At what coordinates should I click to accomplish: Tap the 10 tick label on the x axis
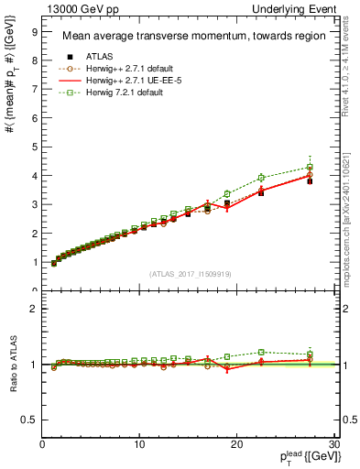click(139, 444)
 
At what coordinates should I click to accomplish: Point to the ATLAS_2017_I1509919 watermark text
click(189, 273)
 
